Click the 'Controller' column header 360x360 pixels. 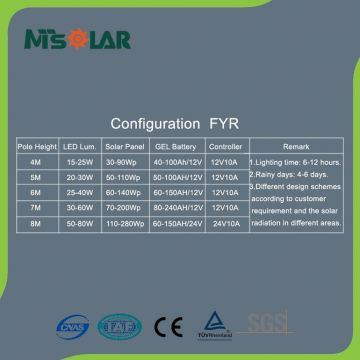pos(226,146)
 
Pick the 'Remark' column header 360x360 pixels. pos(297,146)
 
